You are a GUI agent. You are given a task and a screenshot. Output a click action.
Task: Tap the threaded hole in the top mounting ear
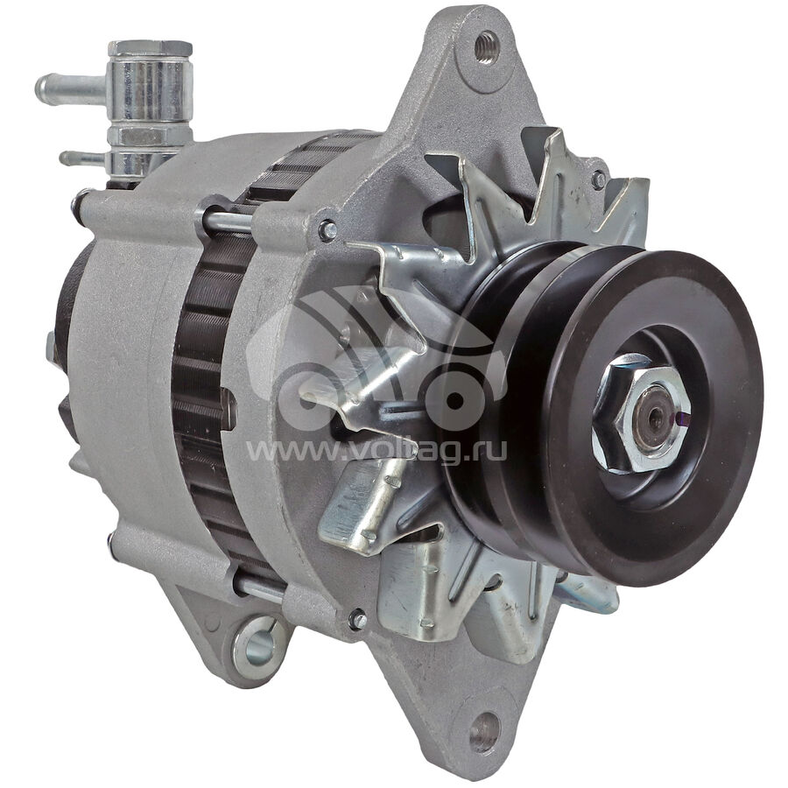click(x=487, y=47)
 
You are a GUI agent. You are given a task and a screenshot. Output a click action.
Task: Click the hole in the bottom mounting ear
click(x=485, y=731)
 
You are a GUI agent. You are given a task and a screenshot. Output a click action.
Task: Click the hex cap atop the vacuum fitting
click(x=151, y=49)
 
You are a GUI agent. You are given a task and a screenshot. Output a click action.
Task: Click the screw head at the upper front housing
click(x=328, y=229)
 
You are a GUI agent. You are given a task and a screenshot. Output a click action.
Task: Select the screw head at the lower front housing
click(x=357, y=619)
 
